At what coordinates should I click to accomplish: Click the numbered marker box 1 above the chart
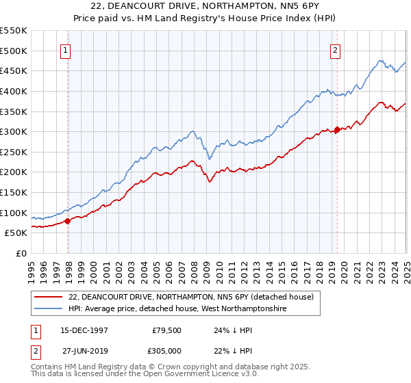click(x=66, y=49)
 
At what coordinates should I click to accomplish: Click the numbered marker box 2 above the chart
click(x=336, y=49)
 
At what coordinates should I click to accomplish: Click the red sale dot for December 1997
click(x=68, y=220)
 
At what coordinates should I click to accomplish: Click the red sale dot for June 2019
click(x=337, y=129)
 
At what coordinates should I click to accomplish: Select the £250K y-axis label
click(x=14, y=152)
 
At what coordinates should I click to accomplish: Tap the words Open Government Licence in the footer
click(x=171, y=375)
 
